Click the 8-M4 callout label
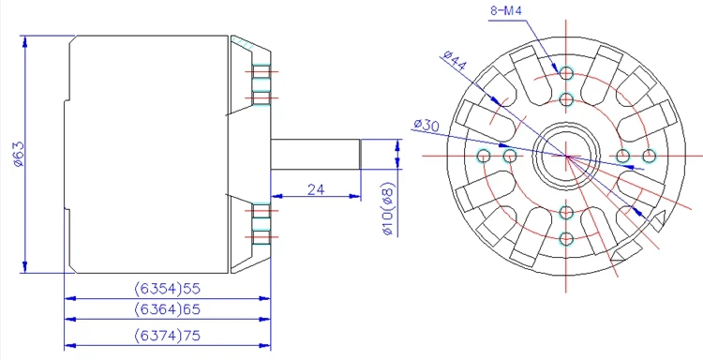506,10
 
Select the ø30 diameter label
426,125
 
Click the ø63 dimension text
19,155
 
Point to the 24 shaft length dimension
316,189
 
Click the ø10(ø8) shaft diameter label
388,209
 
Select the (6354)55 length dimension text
167,289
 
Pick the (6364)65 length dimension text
167,309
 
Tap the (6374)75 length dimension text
167,336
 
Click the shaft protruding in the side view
316,155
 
